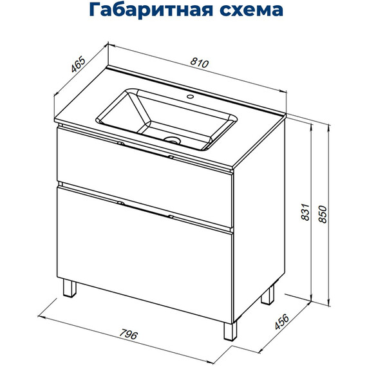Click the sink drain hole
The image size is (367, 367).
(172, 138)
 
